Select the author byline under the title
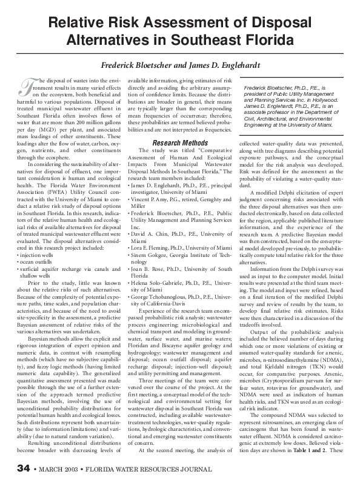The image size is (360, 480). (180, 66)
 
